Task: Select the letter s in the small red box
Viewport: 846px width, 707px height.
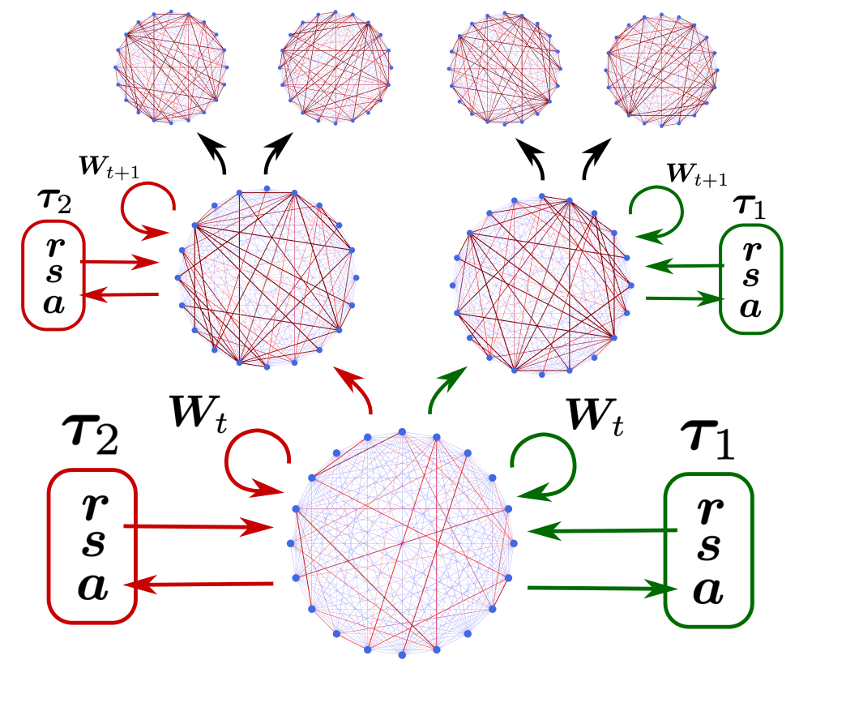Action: pyautogui.click(x=53, y=272)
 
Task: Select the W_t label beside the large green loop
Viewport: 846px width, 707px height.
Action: pyautogui.click(x=595, y=416)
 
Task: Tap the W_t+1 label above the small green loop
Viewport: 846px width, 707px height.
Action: pyautogui.click(x=696, y=174)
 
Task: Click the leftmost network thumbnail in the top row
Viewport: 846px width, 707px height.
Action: pyautogui.click(x=166, y=68)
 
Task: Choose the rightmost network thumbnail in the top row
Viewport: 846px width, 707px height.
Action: pyautogui.click(x=660, y=68)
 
